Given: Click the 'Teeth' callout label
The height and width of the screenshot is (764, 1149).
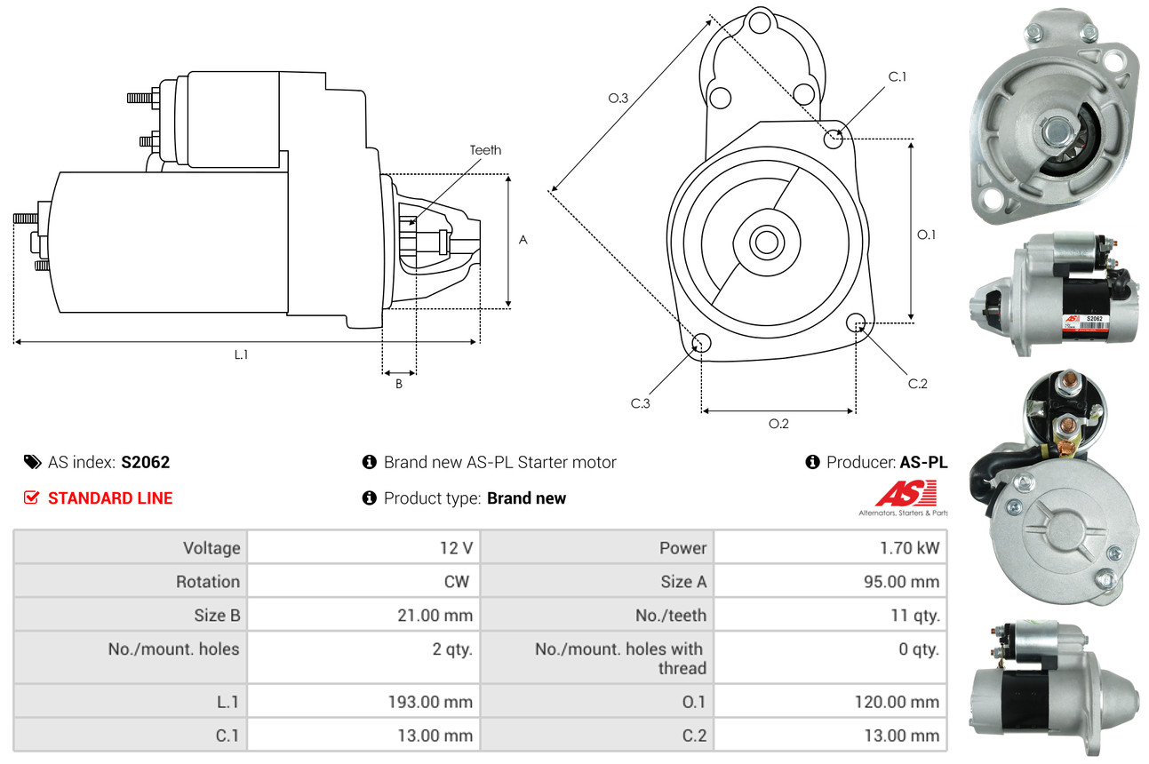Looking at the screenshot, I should [x=485, y=150].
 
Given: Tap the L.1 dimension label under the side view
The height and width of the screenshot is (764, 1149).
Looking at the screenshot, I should [x=241, y=354].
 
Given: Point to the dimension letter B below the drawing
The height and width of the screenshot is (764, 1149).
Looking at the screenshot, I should [x=399, y=385].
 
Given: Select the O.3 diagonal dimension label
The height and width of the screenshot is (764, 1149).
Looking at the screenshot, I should [x=618, y=99].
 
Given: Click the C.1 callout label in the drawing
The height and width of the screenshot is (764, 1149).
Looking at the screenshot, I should [x=898, y=76].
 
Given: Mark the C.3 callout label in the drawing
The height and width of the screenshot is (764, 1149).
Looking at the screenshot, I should [x=641, y=403].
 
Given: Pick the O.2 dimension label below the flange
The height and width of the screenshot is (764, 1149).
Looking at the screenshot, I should [x=778, y=424].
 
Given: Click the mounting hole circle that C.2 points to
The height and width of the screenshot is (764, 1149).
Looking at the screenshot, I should [x=856, y=322].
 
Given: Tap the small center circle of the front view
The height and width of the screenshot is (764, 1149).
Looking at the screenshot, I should [x=763, y=241].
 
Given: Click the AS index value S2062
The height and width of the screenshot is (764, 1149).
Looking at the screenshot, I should [x=146, y=462].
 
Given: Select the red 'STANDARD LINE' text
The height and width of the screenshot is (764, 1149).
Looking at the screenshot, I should [x=110, y=498].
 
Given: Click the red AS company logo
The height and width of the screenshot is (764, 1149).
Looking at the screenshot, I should [x=906, y=493].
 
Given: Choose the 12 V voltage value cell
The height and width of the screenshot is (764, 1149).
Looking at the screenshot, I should [x=456, y=548].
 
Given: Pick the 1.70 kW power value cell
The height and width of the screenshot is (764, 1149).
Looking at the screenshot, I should [x=909, y=548].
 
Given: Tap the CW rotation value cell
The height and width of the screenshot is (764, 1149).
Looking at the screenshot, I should [x=459, y=582].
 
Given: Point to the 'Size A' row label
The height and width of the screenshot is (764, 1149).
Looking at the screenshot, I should [x=683, y=582].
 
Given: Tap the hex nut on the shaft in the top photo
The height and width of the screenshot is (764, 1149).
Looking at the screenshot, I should [x=1057, y=131].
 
